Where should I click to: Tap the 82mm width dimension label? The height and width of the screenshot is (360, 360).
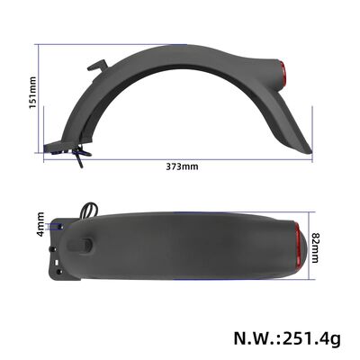[x=315, y=243]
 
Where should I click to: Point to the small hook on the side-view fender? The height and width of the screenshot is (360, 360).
[x=97, y=66]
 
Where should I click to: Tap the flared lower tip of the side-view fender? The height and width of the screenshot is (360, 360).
[x=301, y=144]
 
